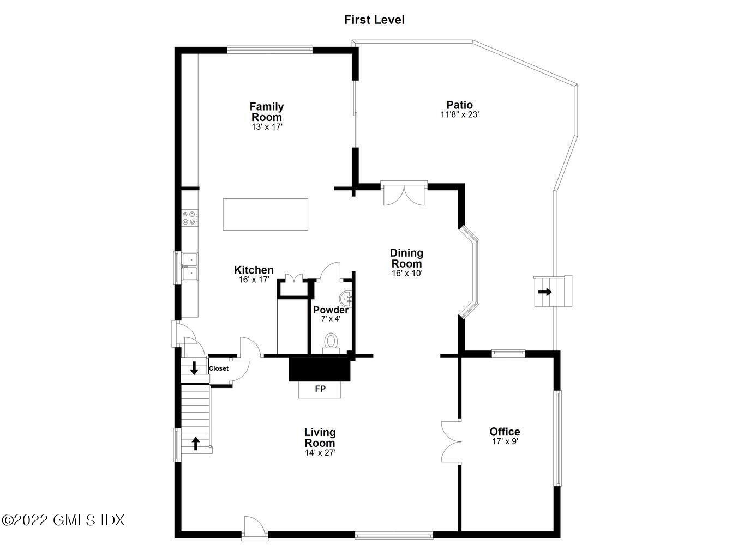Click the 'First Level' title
374,20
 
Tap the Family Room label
267,112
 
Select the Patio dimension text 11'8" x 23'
460,115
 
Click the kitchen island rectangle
266,214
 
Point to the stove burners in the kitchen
189,217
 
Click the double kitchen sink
190,267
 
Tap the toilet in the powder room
331,343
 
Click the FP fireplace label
320,389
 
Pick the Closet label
219,368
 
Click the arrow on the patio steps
545,292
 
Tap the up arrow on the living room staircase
195,444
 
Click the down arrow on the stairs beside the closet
194,368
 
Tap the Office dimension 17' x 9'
505,441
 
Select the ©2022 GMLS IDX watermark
63,519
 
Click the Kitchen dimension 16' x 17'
254,280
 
